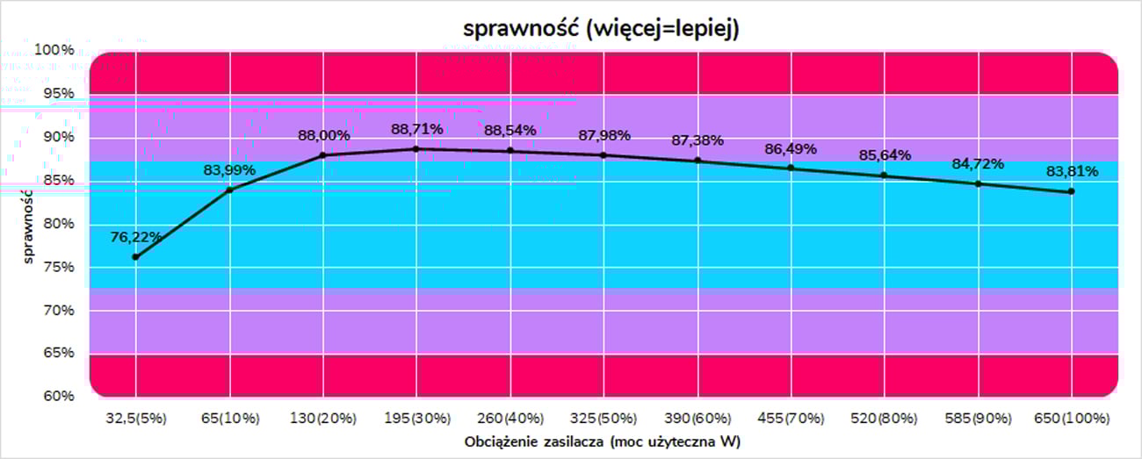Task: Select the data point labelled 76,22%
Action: coord(135,257)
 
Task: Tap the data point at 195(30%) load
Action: coord(416,149)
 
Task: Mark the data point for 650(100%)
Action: coord(1071,191)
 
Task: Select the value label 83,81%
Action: coord(1071,171)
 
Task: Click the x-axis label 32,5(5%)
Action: coord(135,418)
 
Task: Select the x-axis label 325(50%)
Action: coord(604,418)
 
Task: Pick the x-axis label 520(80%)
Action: coord(884,418)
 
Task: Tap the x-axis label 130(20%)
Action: coord(322,418)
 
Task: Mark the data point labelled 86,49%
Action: coord(791,168)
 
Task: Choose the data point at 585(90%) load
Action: coord(978,183)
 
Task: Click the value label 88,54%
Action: coord(510,130)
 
